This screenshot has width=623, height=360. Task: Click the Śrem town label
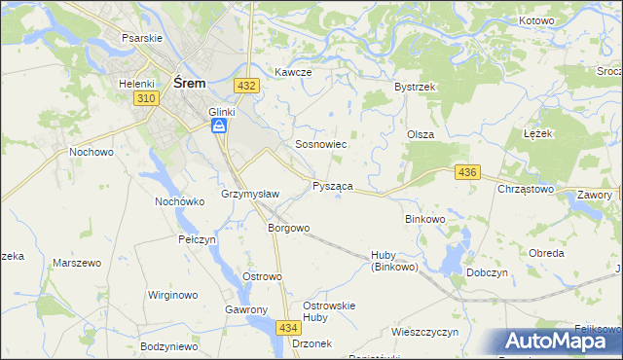[189, 84]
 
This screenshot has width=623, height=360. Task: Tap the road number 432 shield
[247, 86]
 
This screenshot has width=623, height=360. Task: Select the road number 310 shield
[148, 100]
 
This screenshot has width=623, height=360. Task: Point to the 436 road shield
[467, 172]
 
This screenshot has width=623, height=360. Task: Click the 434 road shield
[288, 328]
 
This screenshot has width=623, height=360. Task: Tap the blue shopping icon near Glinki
[221, 126]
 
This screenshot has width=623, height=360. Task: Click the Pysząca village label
[333, 186]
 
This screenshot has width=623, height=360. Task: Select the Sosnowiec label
[321, 144]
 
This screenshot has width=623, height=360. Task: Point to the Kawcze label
[292, 72]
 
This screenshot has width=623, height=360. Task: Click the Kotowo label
[536, 20]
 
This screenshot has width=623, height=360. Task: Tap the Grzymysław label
[250, 194]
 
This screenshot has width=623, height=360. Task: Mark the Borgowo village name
[288, 228]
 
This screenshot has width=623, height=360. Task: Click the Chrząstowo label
[526, 189]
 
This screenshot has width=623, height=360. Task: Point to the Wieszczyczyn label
[424, 332]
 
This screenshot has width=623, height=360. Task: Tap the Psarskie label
[141, 37]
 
